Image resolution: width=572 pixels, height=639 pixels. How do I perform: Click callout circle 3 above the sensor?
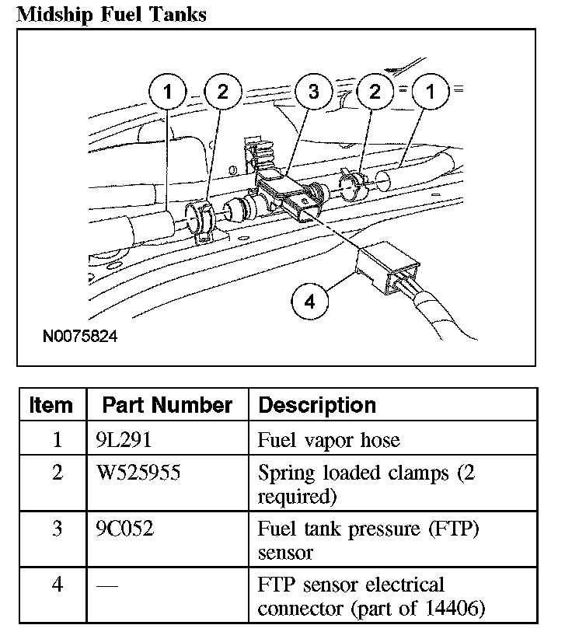[x=313, y=93]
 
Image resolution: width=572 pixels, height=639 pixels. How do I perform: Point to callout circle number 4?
[x=311, y=301]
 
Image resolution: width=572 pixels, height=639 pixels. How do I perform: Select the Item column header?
[x=51, y=405]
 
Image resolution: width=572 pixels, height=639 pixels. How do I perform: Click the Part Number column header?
[x=167, y=405]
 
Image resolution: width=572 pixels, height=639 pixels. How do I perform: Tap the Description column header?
[x=316, y=405]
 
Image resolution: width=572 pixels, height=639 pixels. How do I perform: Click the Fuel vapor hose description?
[x=328, y=440]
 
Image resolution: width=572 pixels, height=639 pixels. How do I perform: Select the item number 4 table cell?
[x=57, y=585]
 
